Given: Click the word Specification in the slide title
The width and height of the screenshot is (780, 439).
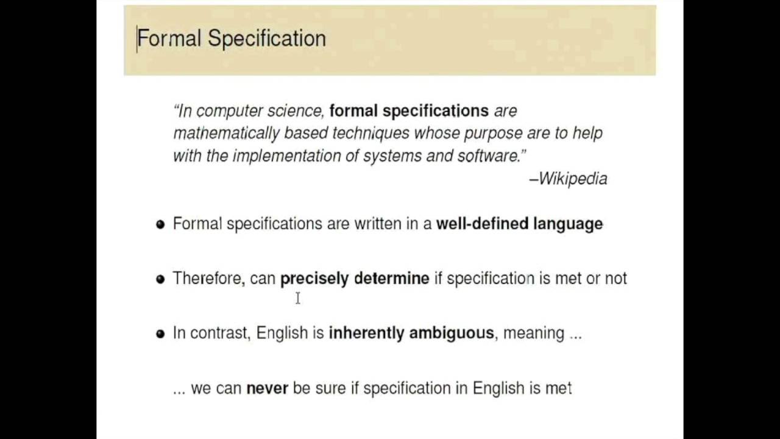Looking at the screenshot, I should tap(266, 39).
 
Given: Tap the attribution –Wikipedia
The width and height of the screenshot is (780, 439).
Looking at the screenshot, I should tap(568, 179).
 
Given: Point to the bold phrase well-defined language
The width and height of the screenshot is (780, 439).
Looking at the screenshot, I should tap(519, 224).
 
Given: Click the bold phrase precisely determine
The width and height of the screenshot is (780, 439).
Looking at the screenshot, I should tap(355, 279).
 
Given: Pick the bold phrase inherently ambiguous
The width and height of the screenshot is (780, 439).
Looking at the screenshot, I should tap(411, 333).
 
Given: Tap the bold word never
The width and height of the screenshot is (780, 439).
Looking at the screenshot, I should tap(267, 388).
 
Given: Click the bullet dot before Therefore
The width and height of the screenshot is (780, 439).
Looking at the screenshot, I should tap(160, 279).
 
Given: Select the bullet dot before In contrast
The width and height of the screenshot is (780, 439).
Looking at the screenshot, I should tap(160, 334).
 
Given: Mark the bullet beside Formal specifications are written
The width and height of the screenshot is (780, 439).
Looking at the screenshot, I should tap(160, 224).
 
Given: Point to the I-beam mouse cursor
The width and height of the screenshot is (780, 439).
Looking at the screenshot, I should tap(298, 298).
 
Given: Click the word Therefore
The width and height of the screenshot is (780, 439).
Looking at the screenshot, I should tap(208, 279).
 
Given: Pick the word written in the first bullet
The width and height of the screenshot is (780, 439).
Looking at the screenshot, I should tap(377, 224).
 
